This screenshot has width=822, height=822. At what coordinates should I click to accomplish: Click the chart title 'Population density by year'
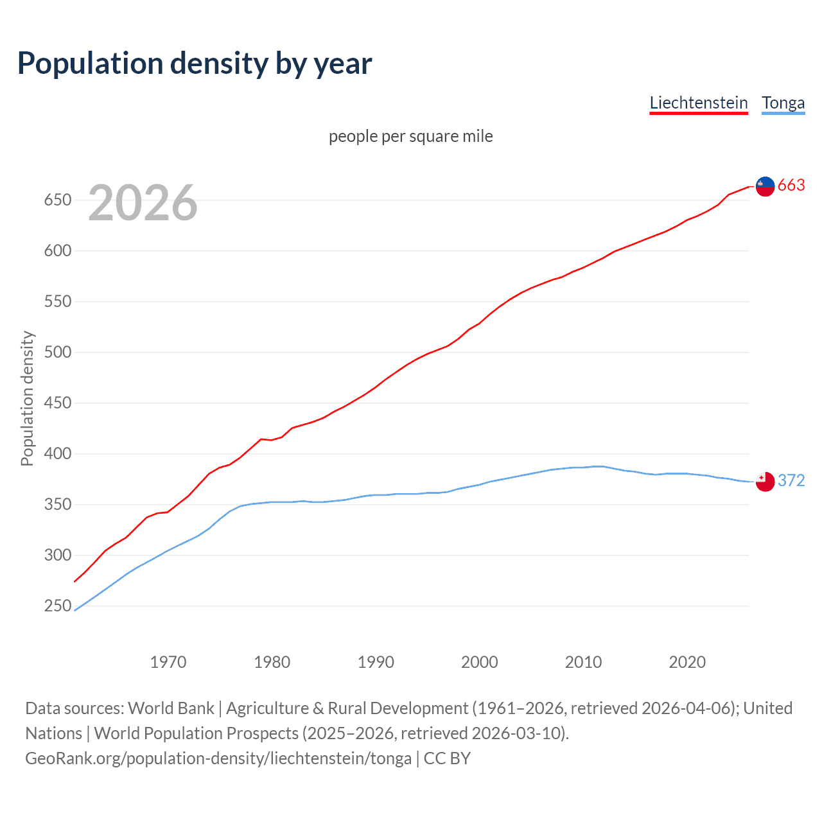[x=195, y=64]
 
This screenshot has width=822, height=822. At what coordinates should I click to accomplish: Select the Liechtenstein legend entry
[x=699, y=103]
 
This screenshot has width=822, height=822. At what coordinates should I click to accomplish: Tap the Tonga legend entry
[x=783, y=103]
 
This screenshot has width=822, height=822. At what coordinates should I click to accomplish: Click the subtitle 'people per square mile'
[x=411, y=136]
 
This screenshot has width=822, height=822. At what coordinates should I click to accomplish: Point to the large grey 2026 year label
[x=143, y=203]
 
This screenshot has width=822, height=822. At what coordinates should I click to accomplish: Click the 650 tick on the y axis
[x=57, y=200]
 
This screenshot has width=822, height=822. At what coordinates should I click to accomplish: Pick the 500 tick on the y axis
[x=57, y=353]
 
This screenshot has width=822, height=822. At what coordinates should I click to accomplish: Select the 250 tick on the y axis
[x=57, y=606]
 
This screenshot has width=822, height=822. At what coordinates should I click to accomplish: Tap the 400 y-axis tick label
[x=57, y=454]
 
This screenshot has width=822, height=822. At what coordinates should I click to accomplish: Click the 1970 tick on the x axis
[x=168, y=662]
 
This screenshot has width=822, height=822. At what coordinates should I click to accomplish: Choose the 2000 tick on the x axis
[x=480, y=662]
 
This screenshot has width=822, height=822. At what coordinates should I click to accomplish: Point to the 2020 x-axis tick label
[x=687, y=662]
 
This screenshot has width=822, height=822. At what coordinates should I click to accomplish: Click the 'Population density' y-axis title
[x=27, y=398]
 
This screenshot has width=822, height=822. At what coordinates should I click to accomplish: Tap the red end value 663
[x=791, y=186]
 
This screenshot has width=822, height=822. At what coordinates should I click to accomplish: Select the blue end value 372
[x=791, y=480]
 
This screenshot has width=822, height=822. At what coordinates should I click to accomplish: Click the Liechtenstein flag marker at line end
[x=765, y=186]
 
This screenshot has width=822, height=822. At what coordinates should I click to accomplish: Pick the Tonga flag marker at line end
[x=765, y=481]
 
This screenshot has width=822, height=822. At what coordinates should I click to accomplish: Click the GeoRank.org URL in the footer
[x=218, y=758]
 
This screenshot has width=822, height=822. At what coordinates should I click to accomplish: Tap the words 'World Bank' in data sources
[x=171, y=708]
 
